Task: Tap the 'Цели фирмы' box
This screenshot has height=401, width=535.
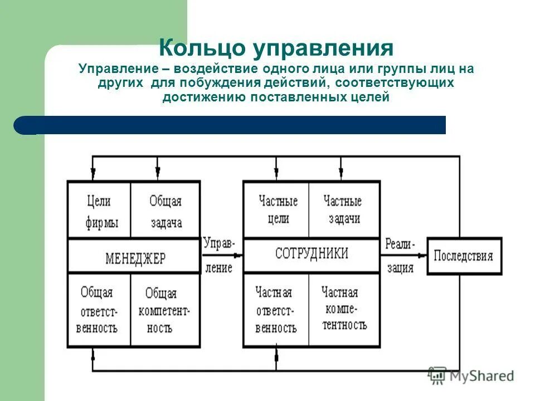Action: (99, 211)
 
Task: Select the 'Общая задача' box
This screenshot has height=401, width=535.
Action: (166, 211)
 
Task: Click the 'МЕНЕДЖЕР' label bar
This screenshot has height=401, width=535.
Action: (134, 257)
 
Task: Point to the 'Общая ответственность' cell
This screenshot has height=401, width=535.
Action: (98, 310)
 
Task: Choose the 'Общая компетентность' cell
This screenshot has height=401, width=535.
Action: (166, 310)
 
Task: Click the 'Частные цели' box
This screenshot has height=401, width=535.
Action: (277, 210)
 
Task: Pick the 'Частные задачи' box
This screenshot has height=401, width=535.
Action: (343, 210)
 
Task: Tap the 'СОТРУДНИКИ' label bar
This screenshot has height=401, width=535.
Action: (312, 255)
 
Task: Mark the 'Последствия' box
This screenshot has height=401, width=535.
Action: (464, 256)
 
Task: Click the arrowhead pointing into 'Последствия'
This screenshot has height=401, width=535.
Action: (424, 256)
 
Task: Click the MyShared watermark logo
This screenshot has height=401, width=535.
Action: (471, 375)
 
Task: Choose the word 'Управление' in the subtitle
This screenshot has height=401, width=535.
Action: (118, 70)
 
